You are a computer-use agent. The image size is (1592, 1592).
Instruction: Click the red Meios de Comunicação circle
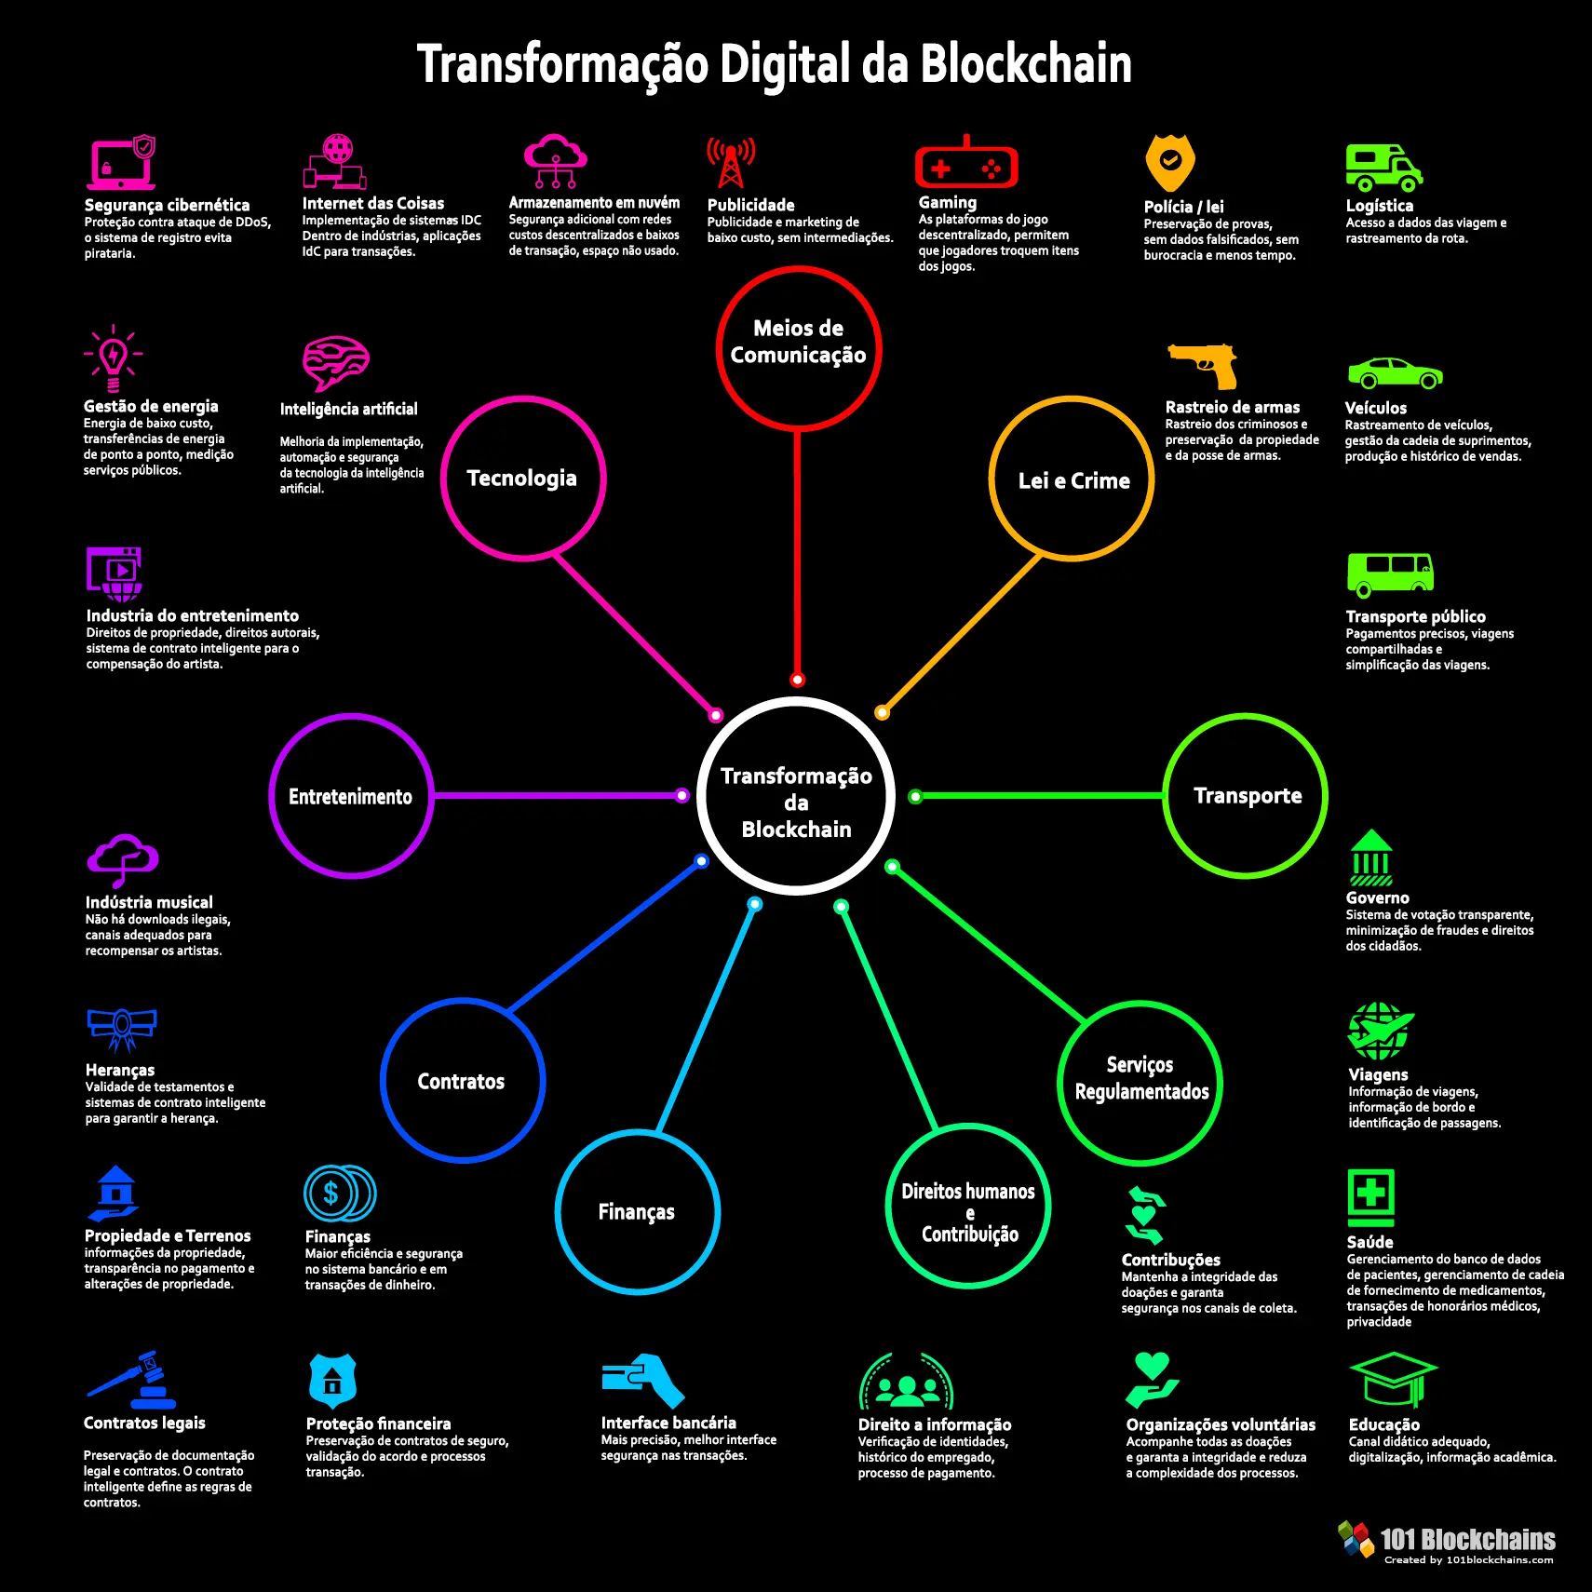(798, 349)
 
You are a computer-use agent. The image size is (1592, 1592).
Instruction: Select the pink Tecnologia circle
(522, 479)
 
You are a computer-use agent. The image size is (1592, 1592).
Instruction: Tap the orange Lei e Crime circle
(1072, 479)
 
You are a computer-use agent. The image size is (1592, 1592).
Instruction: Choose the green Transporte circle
(1246, 796)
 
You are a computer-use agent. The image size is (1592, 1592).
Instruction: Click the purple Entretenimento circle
(351, 796)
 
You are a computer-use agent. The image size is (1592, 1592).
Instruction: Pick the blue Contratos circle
(462, 1081)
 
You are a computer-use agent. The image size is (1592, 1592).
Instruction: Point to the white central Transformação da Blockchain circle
(796, 797)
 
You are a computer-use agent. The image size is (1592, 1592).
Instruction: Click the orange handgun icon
(1203, 365)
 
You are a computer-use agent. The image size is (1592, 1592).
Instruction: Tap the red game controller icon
(966, 166)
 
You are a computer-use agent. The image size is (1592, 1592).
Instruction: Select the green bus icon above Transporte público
(1390, 573)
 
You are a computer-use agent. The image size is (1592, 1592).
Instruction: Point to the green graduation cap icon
(1393, 1380)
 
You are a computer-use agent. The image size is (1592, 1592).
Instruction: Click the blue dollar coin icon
(339, 1194)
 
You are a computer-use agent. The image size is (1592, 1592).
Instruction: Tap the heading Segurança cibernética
(167, 205)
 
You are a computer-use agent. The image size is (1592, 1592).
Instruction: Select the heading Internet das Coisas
(372, 203)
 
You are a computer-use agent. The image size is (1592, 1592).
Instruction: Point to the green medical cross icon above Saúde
(1370, 1195)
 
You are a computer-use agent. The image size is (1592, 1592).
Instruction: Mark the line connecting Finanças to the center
(708, 1017)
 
